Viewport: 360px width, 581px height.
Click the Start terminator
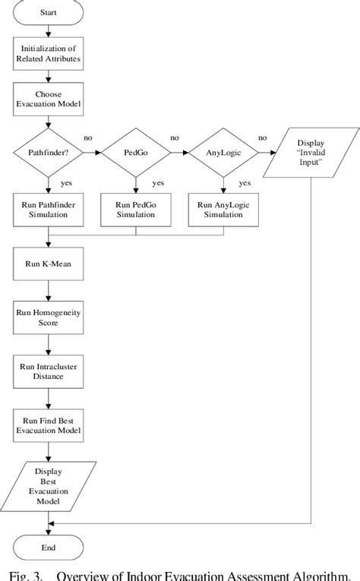(49, 13)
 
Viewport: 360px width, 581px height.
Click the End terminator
(49, 547)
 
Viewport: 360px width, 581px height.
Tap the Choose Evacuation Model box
(49, 101)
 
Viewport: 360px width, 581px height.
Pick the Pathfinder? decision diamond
(49, 153)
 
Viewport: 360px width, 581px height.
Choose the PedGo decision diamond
(136, 153)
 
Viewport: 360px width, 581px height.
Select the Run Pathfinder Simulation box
(49, 210)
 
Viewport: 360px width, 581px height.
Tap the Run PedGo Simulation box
(136, 210)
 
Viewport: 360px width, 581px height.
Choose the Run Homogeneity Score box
(49, 317)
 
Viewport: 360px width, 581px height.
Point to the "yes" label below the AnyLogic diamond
(244, 182)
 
